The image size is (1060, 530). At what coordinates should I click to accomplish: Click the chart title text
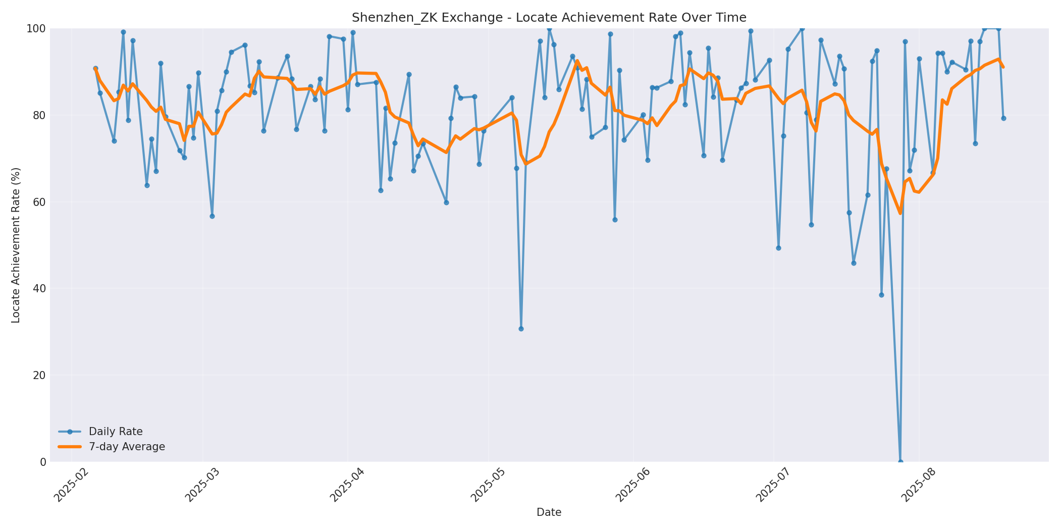(549, 18)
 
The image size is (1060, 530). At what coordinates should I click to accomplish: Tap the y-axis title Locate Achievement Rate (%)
(16, 245)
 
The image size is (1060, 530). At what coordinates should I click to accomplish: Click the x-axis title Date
(549, 512)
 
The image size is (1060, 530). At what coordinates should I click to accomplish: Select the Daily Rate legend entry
(116, 432)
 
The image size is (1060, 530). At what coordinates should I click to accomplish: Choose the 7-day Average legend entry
(127, 447)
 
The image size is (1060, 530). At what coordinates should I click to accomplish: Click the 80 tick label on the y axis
(39, 115)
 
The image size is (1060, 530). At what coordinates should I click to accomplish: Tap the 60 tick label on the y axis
(39, 202)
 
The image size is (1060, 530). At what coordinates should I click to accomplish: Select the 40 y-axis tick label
(39, 289)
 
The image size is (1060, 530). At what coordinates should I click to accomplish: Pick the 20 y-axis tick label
(39, 375)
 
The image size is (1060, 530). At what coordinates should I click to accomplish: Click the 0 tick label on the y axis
(42, 462)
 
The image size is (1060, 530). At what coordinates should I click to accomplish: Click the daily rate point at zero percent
(900, 461)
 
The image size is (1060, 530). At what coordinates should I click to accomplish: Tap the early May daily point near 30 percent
(521, 329)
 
